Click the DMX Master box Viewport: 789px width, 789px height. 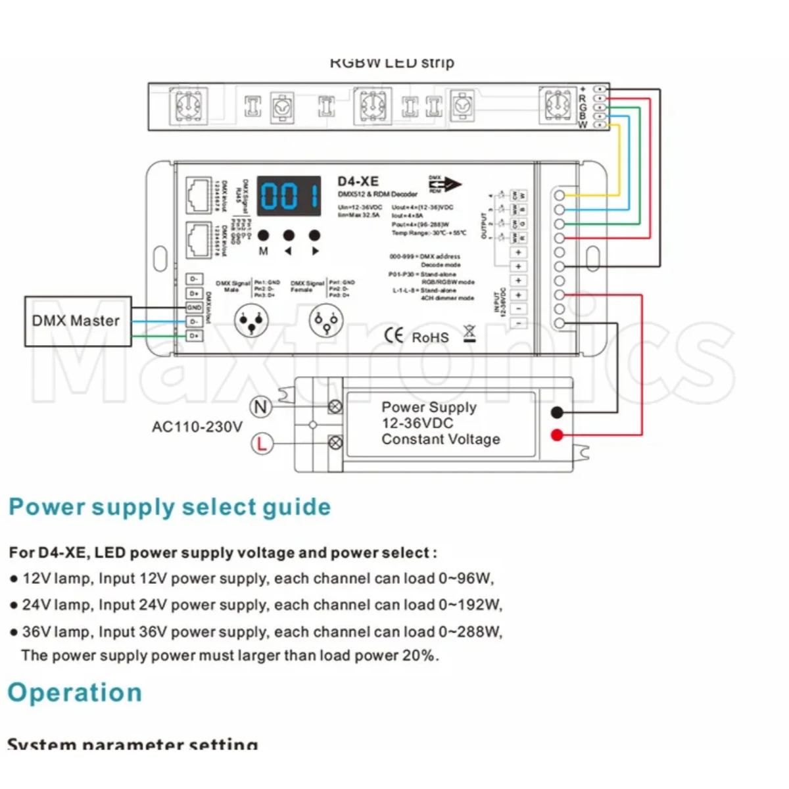point(76,322)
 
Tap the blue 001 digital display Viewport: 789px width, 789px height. point(289,196)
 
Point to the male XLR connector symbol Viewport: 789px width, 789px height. point(252,322)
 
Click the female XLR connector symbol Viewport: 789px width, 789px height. point(325,322)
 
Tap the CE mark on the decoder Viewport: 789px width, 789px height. point(393,335)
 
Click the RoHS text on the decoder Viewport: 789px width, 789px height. point(430,337)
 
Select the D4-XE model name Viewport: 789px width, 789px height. point(358,181)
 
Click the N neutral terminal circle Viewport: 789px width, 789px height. point(261,407)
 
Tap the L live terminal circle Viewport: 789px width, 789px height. point(261,444)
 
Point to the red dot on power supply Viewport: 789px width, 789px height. point(557,435)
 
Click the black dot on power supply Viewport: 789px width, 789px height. point(557,412)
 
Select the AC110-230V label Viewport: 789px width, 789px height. point(197,427)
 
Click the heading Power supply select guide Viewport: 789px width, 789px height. point(170,507)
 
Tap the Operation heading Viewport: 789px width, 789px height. point(75,692)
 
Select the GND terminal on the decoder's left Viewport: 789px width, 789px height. point(194,308)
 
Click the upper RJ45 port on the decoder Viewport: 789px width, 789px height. point(199,195)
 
